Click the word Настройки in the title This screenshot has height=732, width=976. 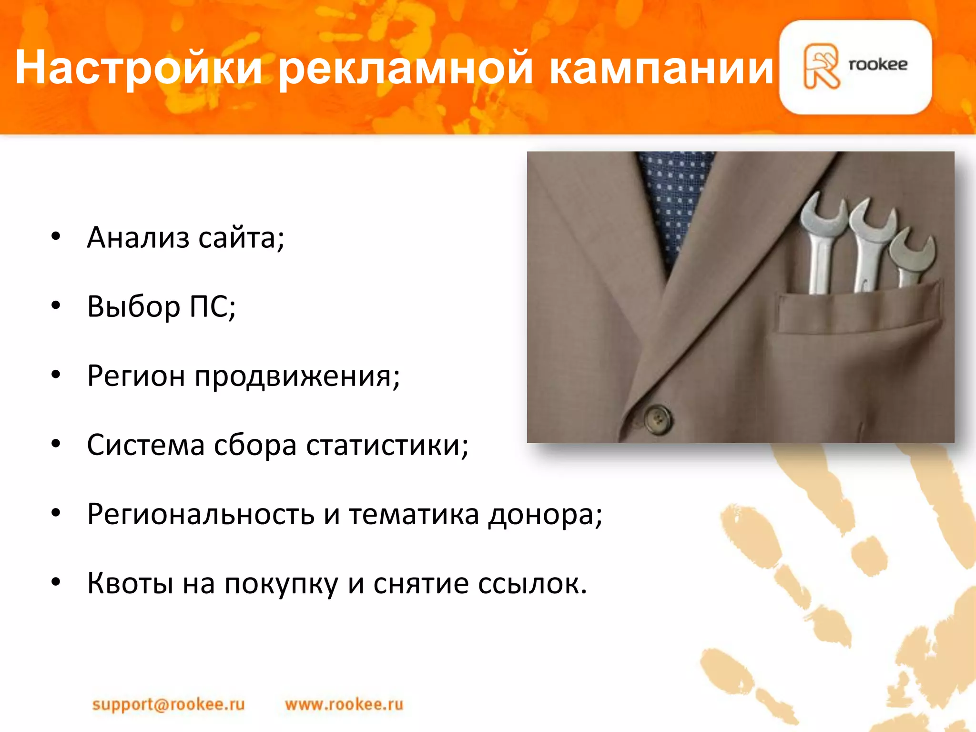click(138, 68)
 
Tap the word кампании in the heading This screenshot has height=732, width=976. click(661, 68)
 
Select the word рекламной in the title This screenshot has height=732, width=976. click(405, 68)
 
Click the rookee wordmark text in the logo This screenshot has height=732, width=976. click(878, 64)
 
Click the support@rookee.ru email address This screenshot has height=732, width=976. click(168, 704)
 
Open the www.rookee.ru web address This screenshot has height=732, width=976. click(344, 704)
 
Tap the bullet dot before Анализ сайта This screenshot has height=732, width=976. click(56, 237)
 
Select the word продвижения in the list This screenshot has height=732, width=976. click(297, 376)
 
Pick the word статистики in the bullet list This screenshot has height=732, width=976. click(387, 446)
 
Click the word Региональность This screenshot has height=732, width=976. click(201, 515)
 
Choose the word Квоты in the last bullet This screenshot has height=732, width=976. click(130, 583)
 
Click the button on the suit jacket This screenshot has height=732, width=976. click(658, 418)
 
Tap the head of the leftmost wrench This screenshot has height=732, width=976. click(823, 214)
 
